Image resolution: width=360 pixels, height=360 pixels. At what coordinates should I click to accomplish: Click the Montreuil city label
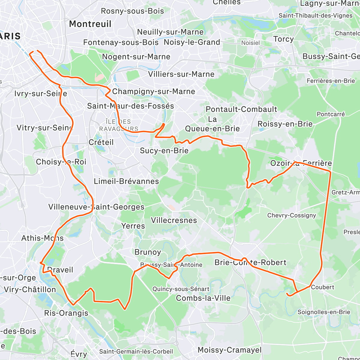coord(90,24)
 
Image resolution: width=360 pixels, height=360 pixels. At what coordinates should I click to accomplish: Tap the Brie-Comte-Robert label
coord(250,262)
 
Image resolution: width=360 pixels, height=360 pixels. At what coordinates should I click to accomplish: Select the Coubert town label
coord(322,287)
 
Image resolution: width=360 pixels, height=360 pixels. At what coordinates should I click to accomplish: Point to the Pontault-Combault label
coord(241,109)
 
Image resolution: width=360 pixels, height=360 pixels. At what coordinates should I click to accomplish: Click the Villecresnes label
coord(174,220)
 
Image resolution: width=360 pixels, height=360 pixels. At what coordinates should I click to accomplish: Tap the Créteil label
coord(101,142)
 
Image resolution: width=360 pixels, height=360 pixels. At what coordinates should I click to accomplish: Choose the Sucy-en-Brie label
coord(164,151)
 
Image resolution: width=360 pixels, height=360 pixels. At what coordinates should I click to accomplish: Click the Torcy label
coord(283,39)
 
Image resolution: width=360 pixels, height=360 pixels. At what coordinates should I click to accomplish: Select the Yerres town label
coord(133,226)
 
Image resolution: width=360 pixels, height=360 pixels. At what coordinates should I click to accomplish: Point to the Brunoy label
coord(148,252)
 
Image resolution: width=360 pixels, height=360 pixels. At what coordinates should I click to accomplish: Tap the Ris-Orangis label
coord(66,313)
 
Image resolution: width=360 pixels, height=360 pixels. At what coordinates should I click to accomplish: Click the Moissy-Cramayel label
coord(229,350)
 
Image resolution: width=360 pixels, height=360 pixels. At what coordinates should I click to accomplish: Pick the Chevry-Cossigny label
coord(292,215)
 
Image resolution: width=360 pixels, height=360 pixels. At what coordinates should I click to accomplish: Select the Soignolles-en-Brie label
coord(324,312)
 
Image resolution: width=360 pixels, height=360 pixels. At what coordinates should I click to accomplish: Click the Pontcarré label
coord(331,114)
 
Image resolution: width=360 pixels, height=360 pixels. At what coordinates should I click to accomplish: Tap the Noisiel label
coord(250,43)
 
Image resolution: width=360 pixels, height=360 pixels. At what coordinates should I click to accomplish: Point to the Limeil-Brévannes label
coord(126,181)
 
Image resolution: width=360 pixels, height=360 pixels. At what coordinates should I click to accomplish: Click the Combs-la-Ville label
coord(203,298)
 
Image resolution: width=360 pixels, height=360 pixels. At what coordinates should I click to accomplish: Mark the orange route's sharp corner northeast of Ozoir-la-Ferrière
coord(330,172)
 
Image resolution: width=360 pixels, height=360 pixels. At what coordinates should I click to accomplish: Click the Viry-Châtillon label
coord(30,289)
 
